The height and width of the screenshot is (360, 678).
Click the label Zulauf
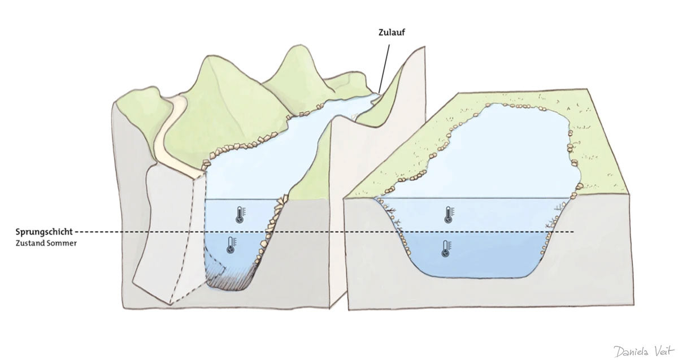point(392,33)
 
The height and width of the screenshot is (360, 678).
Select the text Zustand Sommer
point(43,243)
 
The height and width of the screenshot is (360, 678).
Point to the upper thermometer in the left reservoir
point(241,214)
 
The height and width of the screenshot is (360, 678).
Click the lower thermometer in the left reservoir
point(231,245)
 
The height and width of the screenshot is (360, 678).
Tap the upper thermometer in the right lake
point(449,214)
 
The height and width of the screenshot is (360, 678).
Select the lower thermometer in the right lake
point(446,248)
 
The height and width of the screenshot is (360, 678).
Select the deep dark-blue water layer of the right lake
point(475,254)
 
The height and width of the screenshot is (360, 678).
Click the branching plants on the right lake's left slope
point(395,218)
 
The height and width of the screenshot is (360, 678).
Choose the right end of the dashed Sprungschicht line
point(573,232)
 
